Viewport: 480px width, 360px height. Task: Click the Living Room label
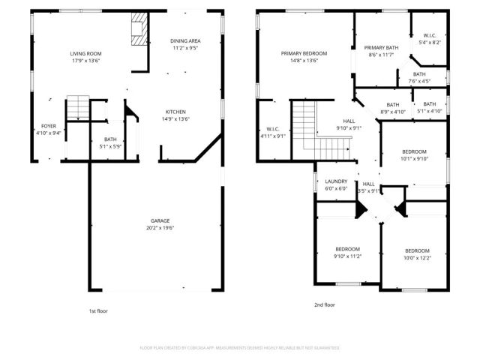86,54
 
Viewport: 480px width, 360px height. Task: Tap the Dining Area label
184,41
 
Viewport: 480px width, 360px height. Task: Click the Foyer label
48,126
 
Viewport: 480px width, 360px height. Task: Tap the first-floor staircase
78,108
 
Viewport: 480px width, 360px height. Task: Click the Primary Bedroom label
304,54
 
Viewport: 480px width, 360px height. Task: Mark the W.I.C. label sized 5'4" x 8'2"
430,35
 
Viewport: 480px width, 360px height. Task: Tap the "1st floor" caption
98,310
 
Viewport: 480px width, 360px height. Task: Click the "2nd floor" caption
324,305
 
